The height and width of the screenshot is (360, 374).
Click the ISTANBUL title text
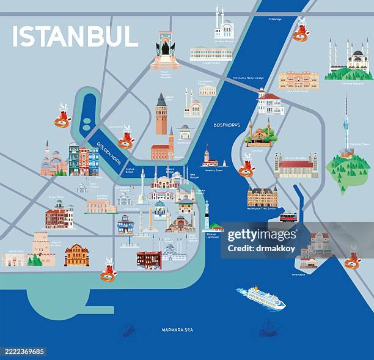[x=75, y=36]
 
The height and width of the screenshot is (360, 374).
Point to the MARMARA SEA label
[x=177, y=330]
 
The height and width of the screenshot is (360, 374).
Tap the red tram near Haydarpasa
[x=288, y=216]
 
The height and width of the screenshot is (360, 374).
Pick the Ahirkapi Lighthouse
[x=207, y=215]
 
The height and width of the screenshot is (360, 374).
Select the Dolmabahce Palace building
[x=211, y=54]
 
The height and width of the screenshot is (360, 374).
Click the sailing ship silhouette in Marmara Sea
[x=267, y=329]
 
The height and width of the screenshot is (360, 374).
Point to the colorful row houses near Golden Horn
[x=84, y=160]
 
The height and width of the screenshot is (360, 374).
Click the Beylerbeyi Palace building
[x=298, y=80]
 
